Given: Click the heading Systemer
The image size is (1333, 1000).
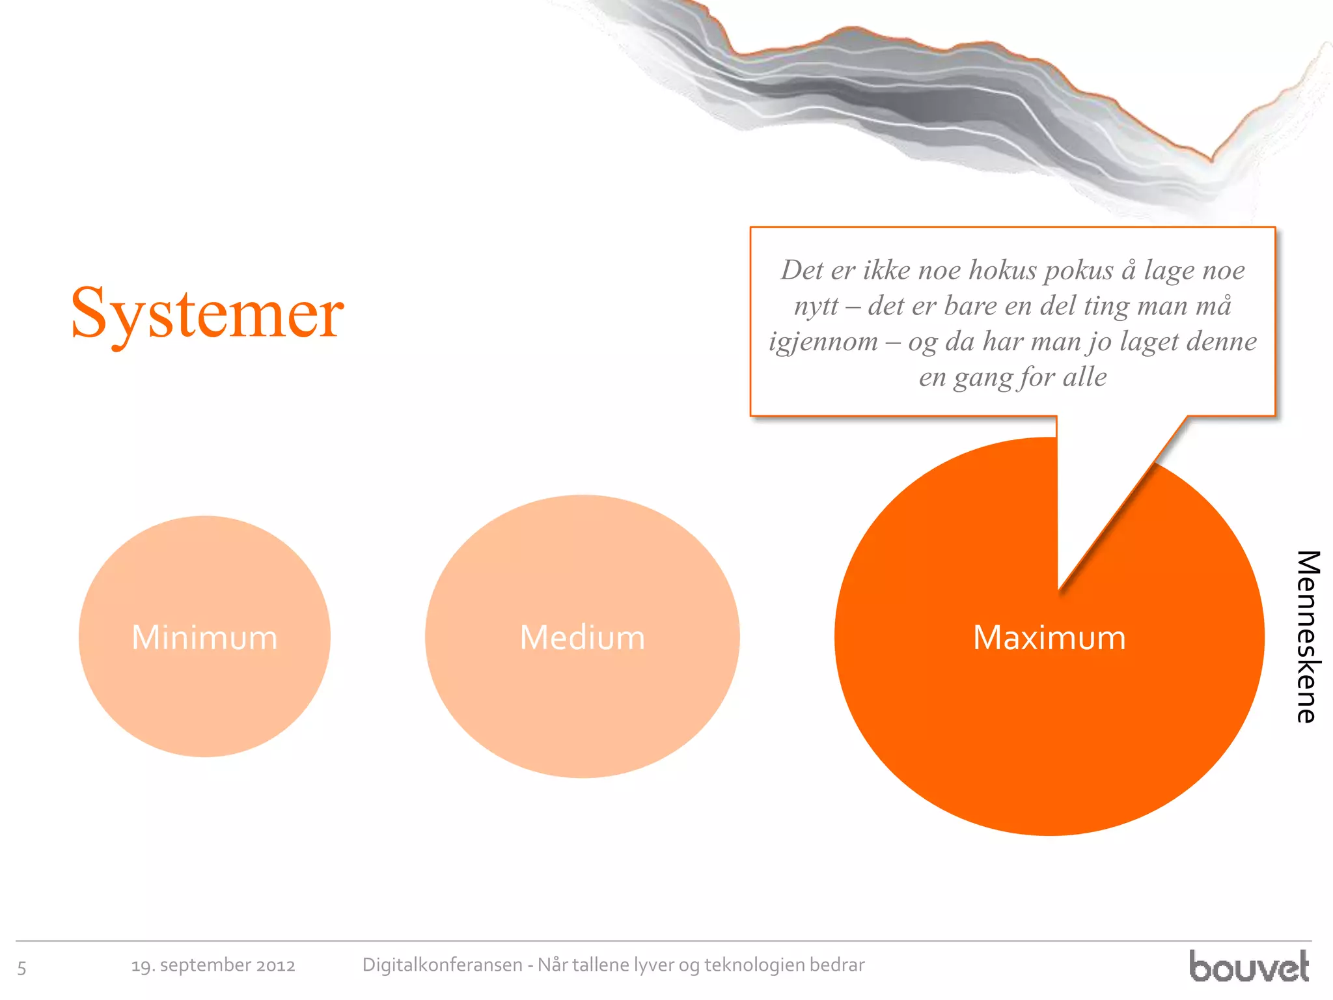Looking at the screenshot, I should [x=207, y=314].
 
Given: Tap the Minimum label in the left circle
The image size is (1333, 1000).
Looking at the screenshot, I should [x=204, y=637].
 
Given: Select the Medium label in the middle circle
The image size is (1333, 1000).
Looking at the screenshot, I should [x=582, y=637].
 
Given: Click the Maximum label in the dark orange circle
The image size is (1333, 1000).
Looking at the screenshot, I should [x=1049, y=637].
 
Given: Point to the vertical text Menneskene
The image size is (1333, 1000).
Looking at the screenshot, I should [x=1307, y=637].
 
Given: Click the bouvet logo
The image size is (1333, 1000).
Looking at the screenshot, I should [x=1248, y=966].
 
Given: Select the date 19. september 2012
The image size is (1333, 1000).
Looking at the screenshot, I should [x=213, y=965].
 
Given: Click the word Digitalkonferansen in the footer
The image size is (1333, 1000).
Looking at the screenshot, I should [x=442, y=965].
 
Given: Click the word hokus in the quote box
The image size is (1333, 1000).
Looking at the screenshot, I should [x=1002, y=270].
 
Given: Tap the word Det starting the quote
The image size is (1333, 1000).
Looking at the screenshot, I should [x=802, y=270].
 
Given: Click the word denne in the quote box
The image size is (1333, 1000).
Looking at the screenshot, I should [x=1220, y=342].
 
